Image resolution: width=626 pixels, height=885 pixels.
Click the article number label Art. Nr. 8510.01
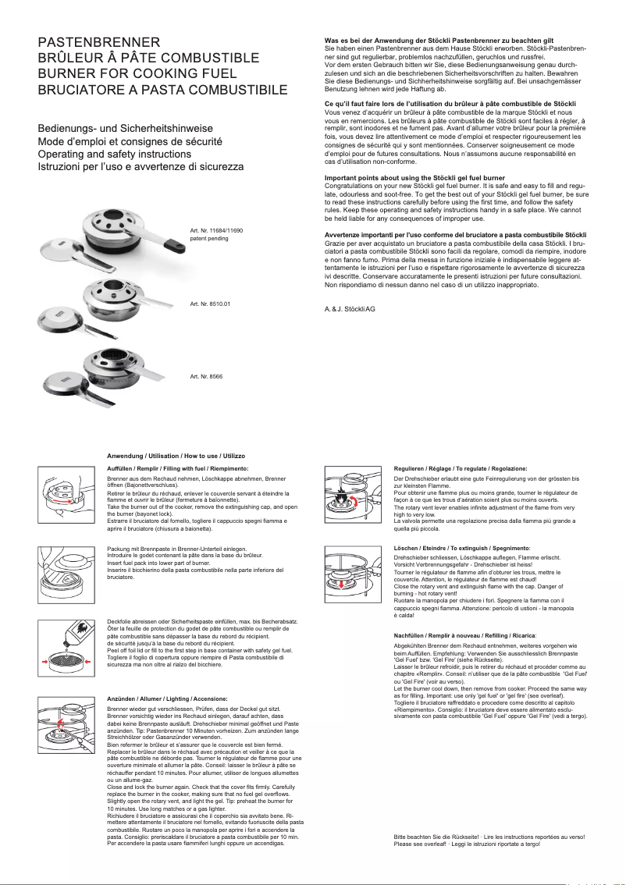coord(211,303)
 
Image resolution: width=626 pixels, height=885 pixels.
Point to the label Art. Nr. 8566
coord(206,377)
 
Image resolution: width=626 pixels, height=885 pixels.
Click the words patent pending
coord(209,238)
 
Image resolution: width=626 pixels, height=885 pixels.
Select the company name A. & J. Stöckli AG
coord(350,310)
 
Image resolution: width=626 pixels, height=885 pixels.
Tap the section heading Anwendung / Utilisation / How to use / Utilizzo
coord(176,455)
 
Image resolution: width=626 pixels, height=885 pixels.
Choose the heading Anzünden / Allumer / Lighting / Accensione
coord(167,698)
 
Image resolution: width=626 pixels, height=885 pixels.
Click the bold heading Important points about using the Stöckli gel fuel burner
coord(414,178)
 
